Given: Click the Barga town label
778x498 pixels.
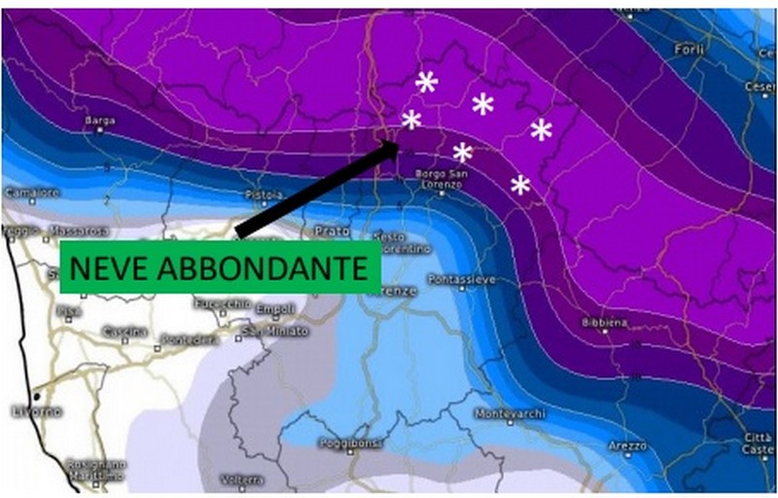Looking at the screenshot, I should coord(100,121).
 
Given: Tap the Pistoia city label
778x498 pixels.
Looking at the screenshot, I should coord(265,195).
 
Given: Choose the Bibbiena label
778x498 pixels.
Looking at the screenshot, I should coord(603,322).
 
